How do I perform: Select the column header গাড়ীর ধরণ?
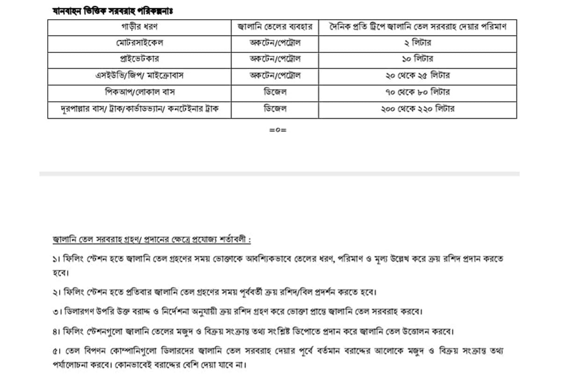[139, 27]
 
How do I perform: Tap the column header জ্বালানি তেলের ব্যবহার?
[275, 27]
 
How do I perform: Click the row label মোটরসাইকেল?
[139, 43]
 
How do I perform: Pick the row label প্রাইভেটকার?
[139, 59]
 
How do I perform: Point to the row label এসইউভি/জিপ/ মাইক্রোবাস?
[139, 76]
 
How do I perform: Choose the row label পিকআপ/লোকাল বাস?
[139, 92]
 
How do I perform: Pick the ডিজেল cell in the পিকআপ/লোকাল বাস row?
[275, 92]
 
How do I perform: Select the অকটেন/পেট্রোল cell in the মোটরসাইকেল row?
[275, 43]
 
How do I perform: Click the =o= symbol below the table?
[278, 130]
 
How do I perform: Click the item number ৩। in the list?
[56, 311]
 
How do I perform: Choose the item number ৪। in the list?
[56, 332]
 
